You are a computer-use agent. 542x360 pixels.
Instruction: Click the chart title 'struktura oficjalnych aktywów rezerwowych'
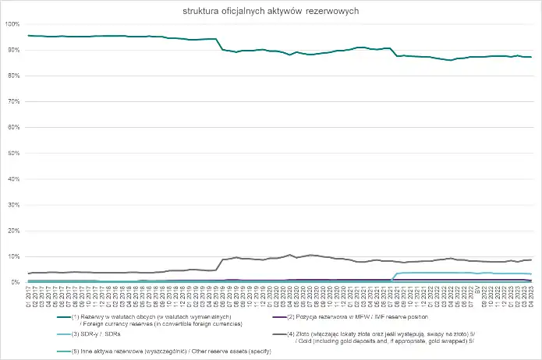pos(271,12)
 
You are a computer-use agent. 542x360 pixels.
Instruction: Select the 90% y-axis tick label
pos(13,50)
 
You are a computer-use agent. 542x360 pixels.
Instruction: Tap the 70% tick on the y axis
pos(13,101)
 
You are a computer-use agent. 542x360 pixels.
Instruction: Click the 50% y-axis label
pos(13,153)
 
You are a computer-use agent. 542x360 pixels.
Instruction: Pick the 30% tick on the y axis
pos(13,204)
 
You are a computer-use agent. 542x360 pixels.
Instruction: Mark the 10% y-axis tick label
pos(13,256)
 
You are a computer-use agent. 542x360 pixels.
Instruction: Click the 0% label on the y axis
pos(15,281)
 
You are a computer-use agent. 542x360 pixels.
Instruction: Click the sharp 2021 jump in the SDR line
pos(394,274)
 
